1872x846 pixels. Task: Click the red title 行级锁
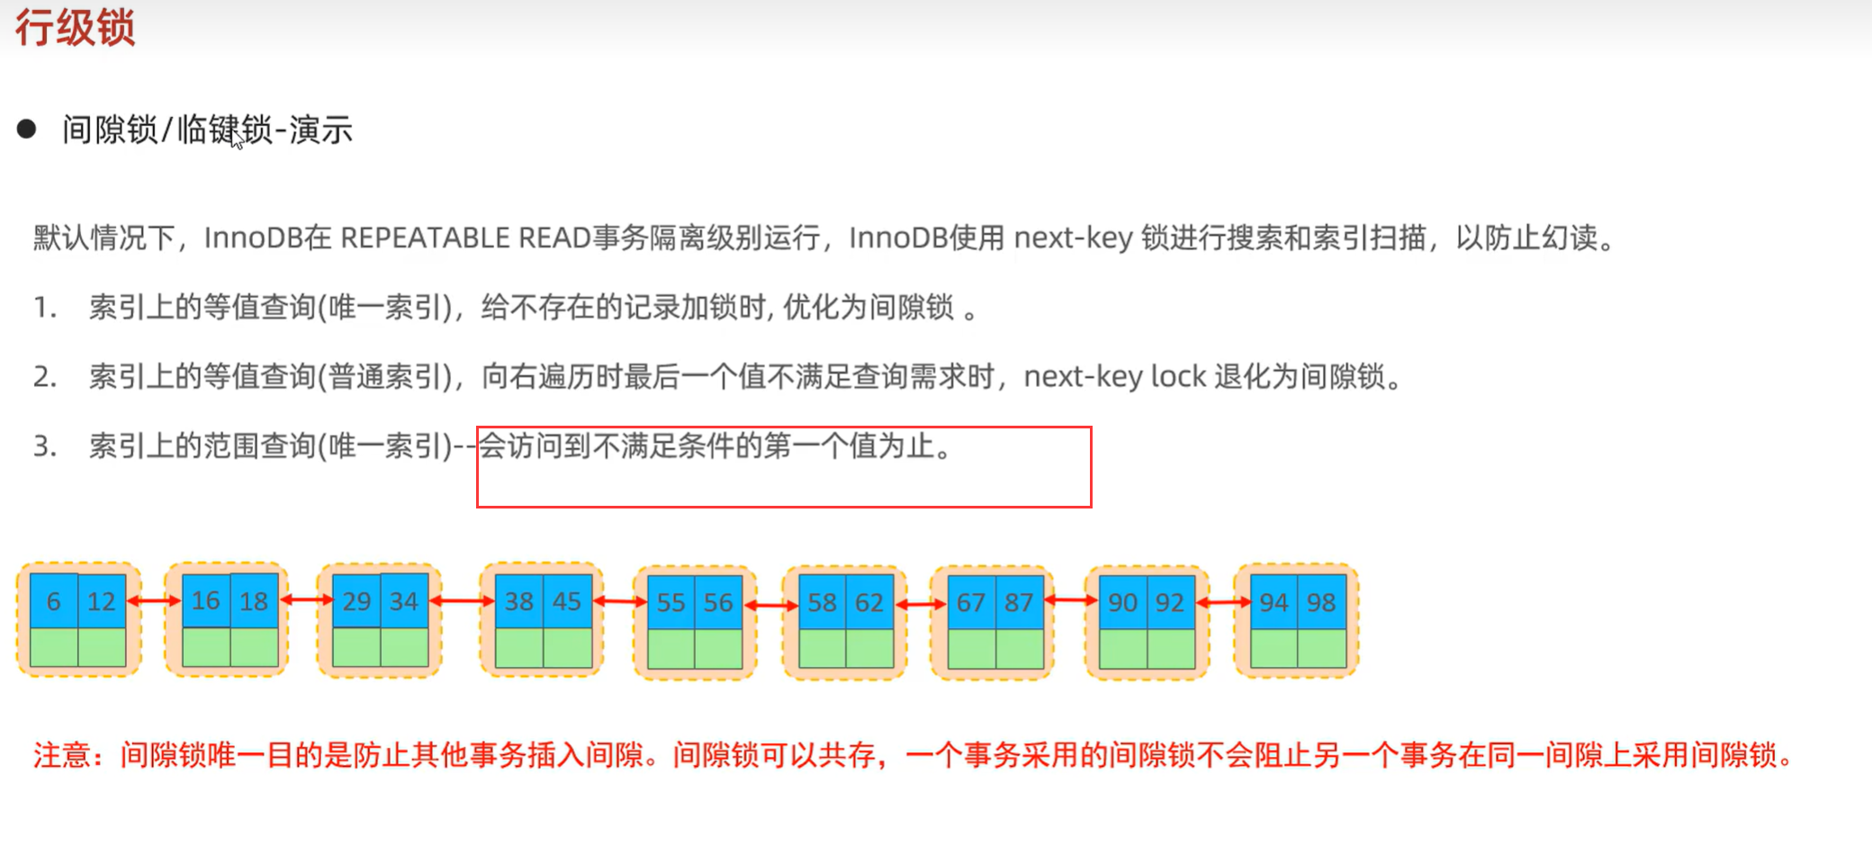tap(75, 27)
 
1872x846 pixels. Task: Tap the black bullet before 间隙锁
tap(27, 130)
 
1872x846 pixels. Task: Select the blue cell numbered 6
tap(54, 601)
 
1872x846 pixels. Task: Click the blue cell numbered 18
tap(254, 601)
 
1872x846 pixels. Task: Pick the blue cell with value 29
tap(356, 601)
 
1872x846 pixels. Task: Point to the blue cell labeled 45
tap(567, 601)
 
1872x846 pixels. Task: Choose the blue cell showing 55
tap(670, 603)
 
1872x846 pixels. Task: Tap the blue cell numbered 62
tap(869, 603)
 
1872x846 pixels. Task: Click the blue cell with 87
tap(1019, 603)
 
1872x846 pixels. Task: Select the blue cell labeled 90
tap(1122, 603)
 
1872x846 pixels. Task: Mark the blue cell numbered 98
tap(1321, 603)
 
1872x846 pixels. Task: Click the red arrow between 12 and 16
tap(154, 600)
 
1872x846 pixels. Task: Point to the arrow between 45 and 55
tap(620, 601)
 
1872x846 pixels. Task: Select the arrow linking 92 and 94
tap(1223, 602)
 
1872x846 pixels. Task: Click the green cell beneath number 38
tap(519, 648)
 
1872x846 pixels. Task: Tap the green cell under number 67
tap(971, 650)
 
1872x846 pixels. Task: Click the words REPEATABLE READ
tap(465, 238)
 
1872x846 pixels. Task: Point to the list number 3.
tap(44, 446)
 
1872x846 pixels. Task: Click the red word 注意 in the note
tap(61, 755)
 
